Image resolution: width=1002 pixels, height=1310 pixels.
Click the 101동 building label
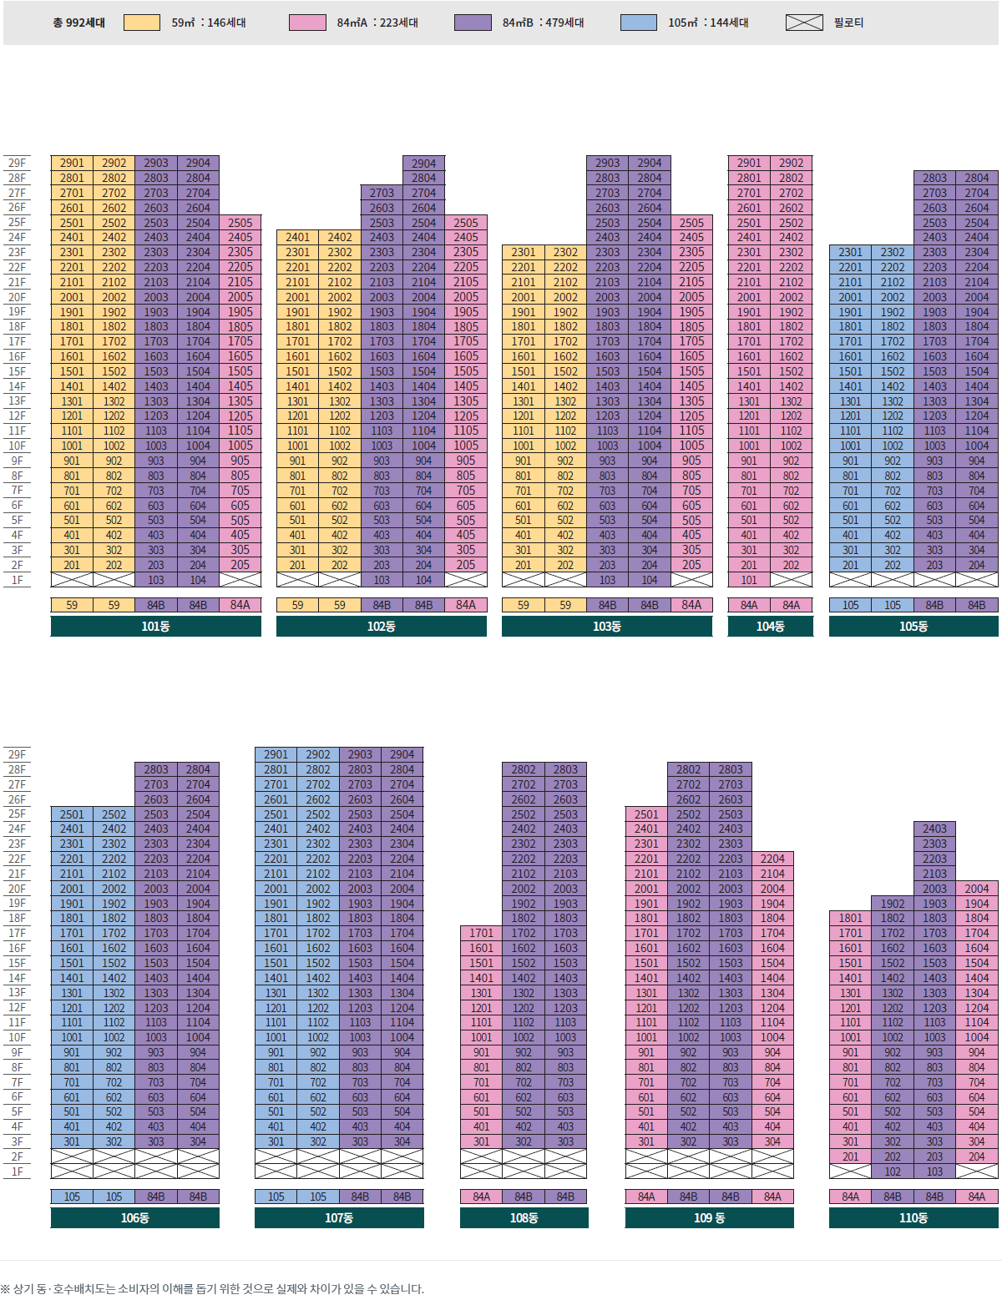click(x=155, y=626)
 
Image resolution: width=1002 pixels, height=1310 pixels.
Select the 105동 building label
click(x=913, y=626)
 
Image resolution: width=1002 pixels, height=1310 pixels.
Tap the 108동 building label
click(x=524, y=1217)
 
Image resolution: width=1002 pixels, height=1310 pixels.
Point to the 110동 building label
click(x=913, y=1217)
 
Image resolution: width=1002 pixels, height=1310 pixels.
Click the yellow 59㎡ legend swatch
click(x=141, y=23)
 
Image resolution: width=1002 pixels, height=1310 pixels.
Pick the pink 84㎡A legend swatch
click(x=307, y=23)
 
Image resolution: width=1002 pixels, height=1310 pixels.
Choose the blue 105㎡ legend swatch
click(x=638, y=23)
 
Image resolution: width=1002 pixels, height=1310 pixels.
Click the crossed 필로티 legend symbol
click(x=804, y=23)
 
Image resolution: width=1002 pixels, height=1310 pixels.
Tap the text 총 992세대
click(x=78, y=23)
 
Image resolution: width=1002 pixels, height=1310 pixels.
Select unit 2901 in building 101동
click(x=72, y=163)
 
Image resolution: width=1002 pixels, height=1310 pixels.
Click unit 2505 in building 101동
click(x=240, y=223)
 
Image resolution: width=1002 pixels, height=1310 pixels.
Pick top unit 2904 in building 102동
click(x=423, y=164)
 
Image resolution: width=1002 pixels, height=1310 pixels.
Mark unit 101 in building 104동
click(x=749, y=580)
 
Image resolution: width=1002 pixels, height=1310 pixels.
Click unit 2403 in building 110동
click(x=934, y=829)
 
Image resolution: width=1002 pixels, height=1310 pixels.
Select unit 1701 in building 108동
click(x=481, y=933)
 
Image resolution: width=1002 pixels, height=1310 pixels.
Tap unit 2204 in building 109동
click(x=772, y=859)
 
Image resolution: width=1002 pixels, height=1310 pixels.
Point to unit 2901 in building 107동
click(x=276, y=754)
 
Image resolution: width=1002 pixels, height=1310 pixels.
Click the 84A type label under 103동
click(x=691, y=605)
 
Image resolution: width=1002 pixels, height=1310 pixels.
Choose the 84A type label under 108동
click(x=481, y=1197)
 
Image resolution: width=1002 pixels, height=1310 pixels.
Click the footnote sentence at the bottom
click(x=212, y=1288)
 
